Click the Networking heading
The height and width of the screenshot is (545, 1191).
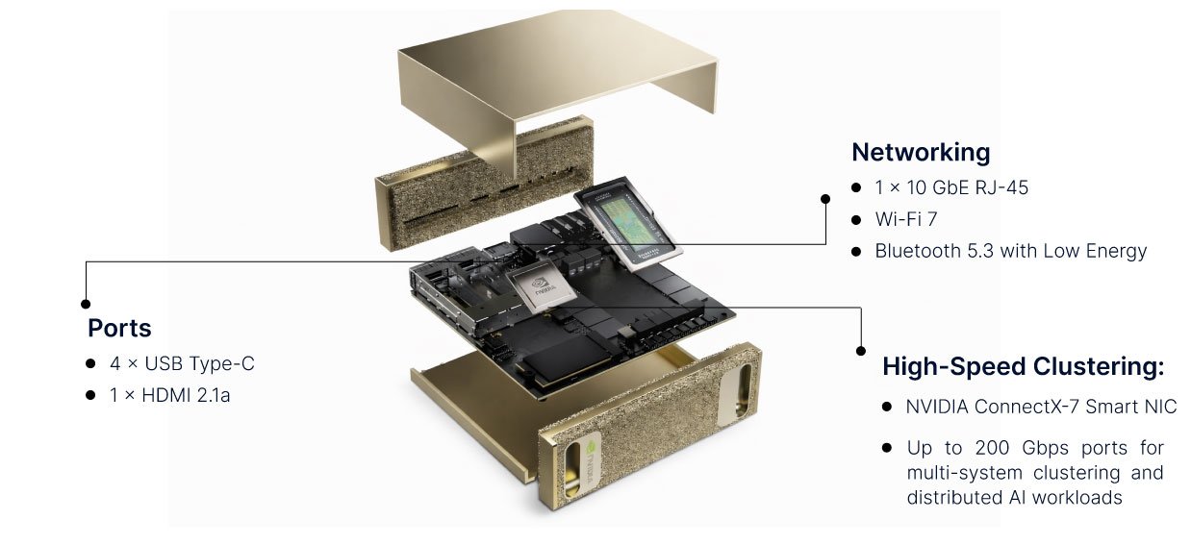920,152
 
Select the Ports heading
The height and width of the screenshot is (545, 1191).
119,328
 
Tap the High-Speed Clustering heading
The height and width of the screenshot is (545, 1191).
1023,366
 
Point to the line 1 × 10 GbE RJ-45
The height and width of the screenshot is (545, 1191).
950,187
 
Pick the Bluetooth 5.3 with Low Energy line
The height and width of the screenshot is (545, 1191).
1010,251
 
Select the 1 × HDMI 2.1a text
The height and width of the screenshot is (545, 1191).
169,394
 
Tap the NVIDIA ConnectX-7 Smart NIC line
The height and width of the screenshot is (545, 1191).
1040,407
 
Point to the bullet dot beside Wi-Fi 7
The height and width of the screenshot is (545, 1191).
856,220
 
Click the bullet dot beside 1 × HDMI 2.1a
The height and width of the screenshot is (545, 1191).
90,394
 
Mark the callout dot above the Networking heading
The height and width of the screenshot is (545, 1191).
824,199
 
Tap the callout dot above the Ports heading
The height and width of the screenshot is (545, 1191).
85,303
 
